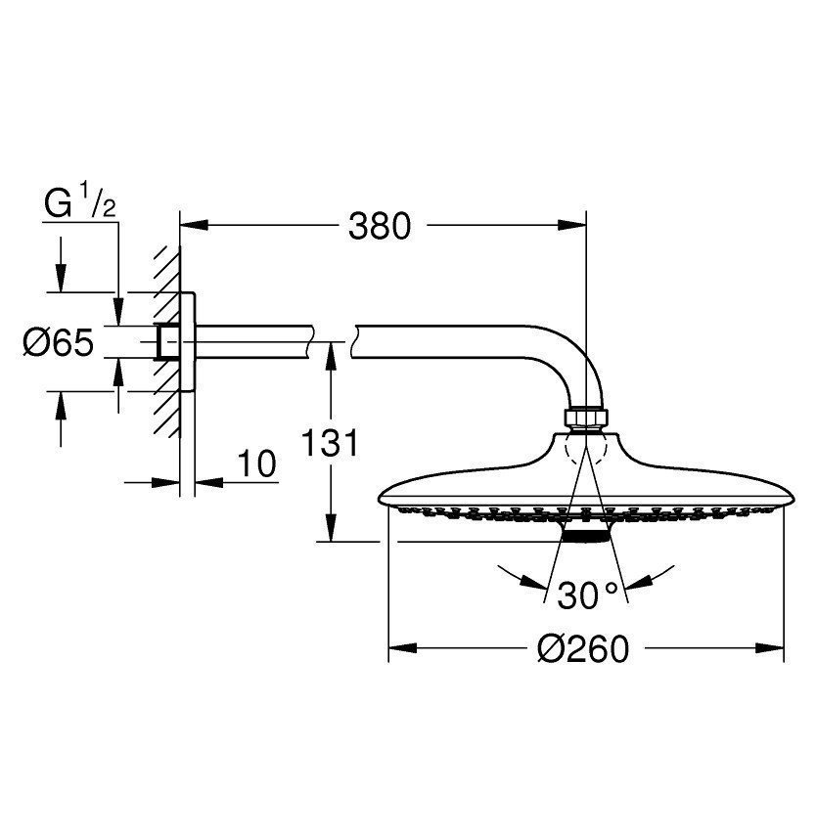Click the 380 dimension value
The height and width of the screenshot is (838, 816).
point(379,226)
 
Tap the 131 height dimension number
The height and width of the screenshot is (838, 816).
point(330,443)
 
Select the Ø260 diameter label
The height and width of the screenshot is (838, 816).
point(583,649)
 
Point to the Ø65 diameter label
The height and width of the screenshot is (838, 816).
point(59,342)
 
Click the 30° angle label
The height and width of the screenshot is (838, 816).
point(587,595)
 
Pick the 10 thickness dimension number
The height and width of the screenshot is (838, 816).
point(257,463)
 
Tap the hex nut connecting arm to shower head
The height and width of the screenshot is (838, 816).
point(586,419)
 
